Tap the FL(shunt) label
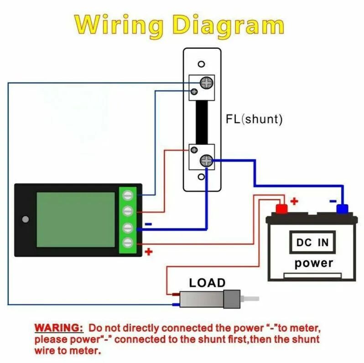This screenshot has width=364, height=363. (x=254, y=119)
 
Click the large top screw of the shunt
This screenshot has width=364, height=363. (x=206, y=83)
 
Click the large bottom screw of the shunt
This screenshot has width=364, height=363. (x=206, y=161)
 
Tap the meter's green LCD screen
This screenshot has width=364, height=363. (x=76, y=219)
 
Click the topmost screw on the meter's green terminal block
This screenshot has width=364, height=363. (x=128, y=195)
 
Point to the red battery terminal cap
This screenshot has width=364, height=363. (x=281, y=209)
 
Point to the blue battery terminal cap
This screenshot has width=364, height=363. (x=342, y=209)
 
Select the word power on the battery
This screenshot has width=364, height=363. (x=313, y=263)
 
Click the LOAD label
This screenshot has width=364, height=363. (x=207, y=283)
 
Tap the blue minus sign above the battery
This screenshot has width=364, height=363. (x=333, y=201)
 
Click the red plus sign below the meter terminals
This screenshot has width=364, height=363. (x=148, y=251)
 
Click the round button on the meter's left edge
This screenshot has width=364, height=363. (x=26, y=219)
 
